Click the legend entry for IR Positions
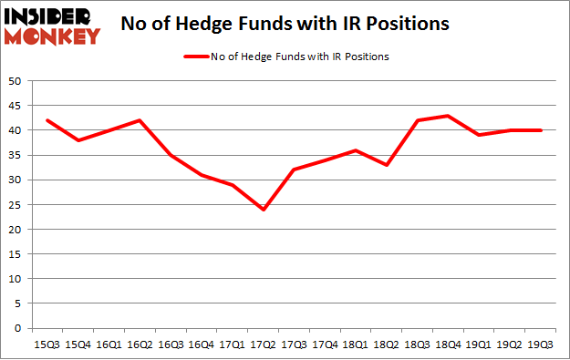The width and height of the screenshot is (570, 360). pos(286,57)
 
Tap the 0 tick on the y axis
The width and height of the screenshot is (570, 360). pos(17,328)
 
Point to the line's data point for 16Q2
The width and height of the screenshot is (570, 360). pos(140,120)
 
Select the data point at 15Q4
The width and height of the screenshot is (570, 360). pos(78,140)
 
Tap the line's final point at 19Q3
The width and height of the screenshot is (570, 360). pos(543,130)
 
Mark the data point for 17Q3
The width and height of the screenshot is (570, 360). pos(295,170)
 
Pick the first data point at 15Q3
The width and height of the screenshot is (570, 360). pos(47,120)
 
